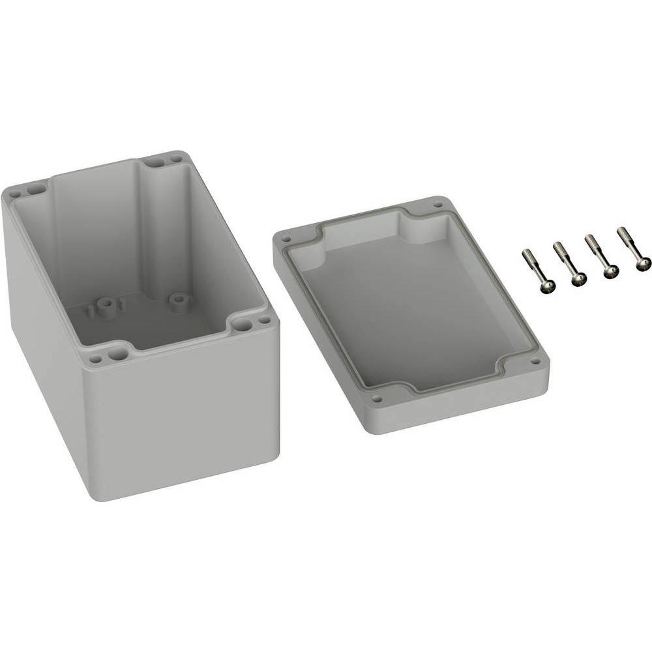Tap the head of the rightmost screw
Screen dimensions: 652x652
point(644,263)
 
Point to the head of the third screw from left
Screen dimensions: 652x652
point(611,271)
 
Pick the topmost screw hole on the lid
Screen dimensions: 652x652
point(437,205)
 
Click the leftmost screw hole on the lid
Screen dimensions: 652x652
point(285,239)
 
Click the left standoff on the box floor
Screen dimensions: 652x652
point(104,304)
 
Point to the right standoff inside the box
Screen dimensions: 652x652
point(177,299)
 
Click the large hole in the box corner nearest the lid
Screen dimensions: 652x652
point(243,324)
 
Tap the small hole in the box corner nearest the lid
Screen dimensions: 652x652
point(263,321)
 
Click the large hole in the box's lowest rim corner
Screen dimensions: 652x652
point(118,354)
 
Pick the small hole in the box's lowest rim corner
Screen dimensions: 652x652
point(96,359)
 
